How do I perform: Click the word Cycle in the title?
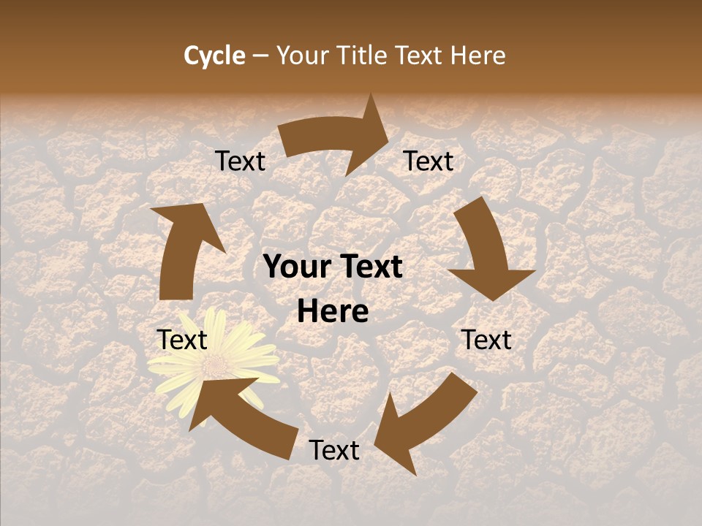(214, 56)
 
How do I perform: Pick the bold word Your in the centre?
(297, 267)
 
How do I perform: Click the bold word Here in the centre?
(333, 312)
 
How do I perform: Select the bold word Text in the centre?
(369, 267)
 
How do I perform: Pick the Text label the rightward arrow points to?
(429, 161)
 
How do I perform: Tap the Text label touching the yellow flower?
(182, 340)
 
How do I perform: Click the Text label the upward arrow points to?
(241, 161)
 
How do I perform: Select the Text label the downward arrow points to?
(487, 340)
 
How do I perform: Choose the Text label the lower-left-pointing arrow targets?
(334, 451)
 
